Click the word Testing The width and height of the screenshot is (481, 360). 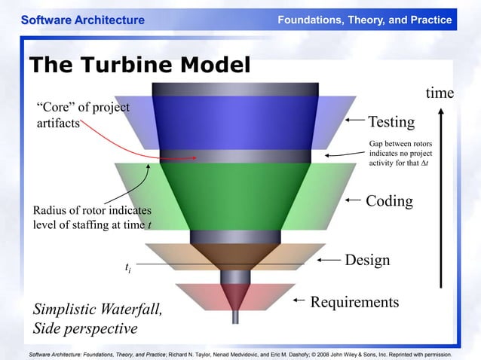point(391,122)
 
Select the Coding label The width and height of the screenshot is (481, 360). point(389,201)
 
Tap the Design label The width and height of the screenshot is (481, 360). point(367,260)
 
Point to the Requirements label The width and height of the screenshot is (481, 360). point(354,302)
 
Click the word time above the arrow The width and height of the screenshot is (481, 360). point(440,93)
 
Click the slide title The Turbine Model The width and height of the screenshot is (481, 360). point(139,65)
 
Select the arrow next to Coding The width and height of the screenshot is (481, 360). point(354,200)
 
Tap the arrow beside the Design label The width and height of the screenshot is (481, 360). point(329,260)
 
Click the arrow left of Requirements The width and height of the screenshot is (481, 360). point(299,301)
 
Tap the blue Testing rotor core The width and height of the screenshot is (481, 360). point(234,121)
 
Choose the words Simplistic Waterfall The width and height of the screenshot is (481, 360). point(97,310)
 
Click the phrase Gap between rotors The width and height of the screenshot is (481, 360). point(400,143)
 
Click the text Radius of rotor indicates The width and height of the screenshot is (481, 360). point(93,210)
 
